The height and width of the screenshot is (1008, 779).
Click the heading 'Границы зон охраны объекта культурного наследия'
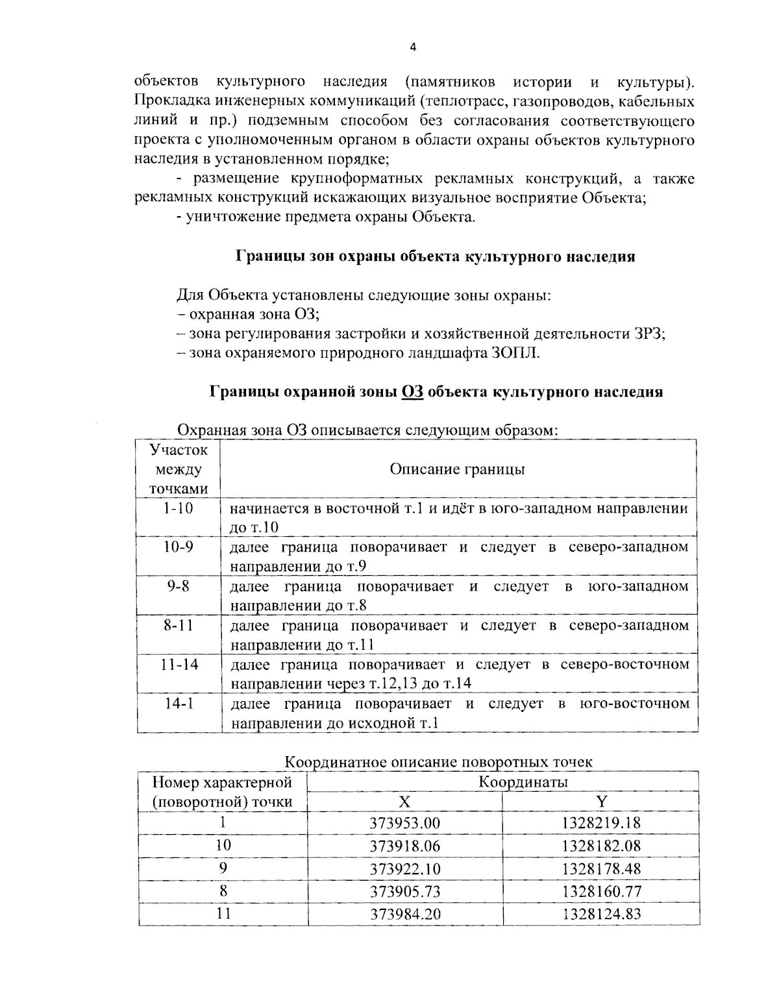coord(434,256)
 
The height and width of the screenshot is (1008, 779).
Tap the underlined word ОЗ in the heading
coord(412,392)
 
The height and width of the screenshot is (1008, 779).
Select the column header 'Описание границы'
coord(457,469)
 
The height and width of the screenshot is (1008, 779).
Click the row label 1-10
coord(179,508)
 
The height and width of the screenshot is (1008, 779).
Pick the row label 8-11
coord(179,626)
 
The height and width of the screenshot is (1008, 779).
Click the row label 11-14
coord(179,665)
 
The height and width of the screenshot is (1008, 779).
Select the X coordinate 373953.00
coord(404,824)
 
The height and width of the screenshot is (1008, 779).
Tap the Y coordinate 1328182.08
coord(601,846)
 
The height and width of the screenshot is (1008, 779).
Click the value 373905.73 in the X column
coord(404,892)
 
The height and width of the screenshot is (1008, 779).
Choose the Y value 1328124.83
coord(601,914)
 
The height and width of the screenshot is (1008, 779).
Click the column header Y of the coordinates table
coord(601,802)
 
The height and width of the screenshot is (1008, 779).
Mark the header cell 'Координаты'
coord(523,781)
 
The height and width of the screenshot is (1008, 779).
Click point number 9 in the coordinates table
coord(223,868)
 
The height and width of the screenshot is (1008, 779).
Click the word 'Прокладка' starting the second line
coord(167,101)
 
